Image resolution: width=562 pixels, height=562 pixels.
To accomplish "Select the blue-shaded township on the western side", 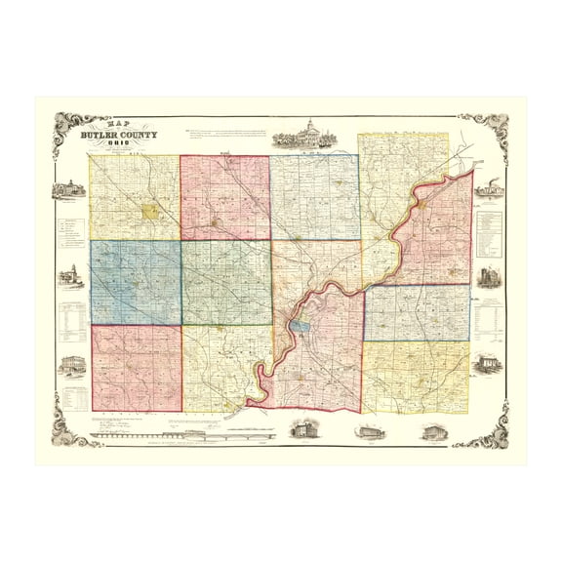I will point(135,282).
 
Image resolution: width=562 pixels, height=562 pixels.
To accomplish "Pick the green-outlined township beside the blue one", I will point(225,283).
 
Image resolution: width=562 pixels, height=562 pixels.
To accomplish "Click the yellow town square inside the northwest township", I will point(150,210).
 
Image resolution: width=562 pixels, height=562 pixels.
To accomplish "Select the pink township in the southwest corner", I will point(136,368).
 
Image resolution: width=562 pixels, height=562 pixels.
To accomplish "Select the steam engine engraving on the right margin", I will point(488,188).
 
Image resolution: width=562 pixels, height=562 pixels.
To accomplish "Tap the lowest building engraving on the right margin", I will point(487,365).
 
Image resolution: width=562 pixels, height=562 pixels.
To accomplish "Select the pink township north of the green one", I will point(224,197).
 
